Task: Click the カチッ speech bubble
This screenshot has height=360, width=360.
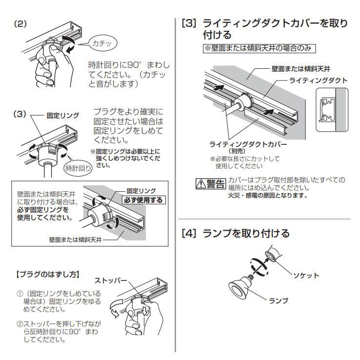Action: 101,44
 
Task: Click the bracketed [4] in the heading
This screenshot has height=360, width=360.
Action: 189,234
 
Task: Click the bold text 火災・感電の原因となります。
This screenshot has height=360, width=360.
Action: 260,196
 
